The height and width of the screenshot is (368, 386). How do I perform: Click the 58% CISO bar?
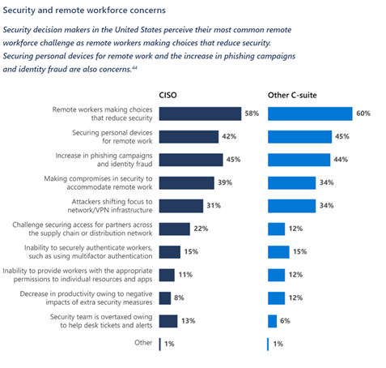click(200, 113)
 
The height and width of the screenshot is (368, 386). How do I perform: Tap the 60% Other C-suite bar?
click(309, 113)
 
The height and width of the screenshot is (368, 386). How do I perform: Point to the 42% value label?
click(231, 136)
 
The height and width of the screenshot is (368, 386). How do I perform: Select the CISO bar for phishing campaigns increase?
click(191, 160)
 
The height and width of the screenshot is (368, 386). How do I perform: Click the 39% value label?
click(227, 182)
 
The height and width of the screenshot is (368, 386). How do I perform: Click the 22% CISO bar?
click(175, 229)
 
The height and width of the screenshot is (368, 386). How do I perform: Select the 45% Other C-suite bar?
click(299, 136)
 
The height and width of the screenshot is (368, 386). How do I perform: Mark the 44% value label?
click(339, 160)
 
